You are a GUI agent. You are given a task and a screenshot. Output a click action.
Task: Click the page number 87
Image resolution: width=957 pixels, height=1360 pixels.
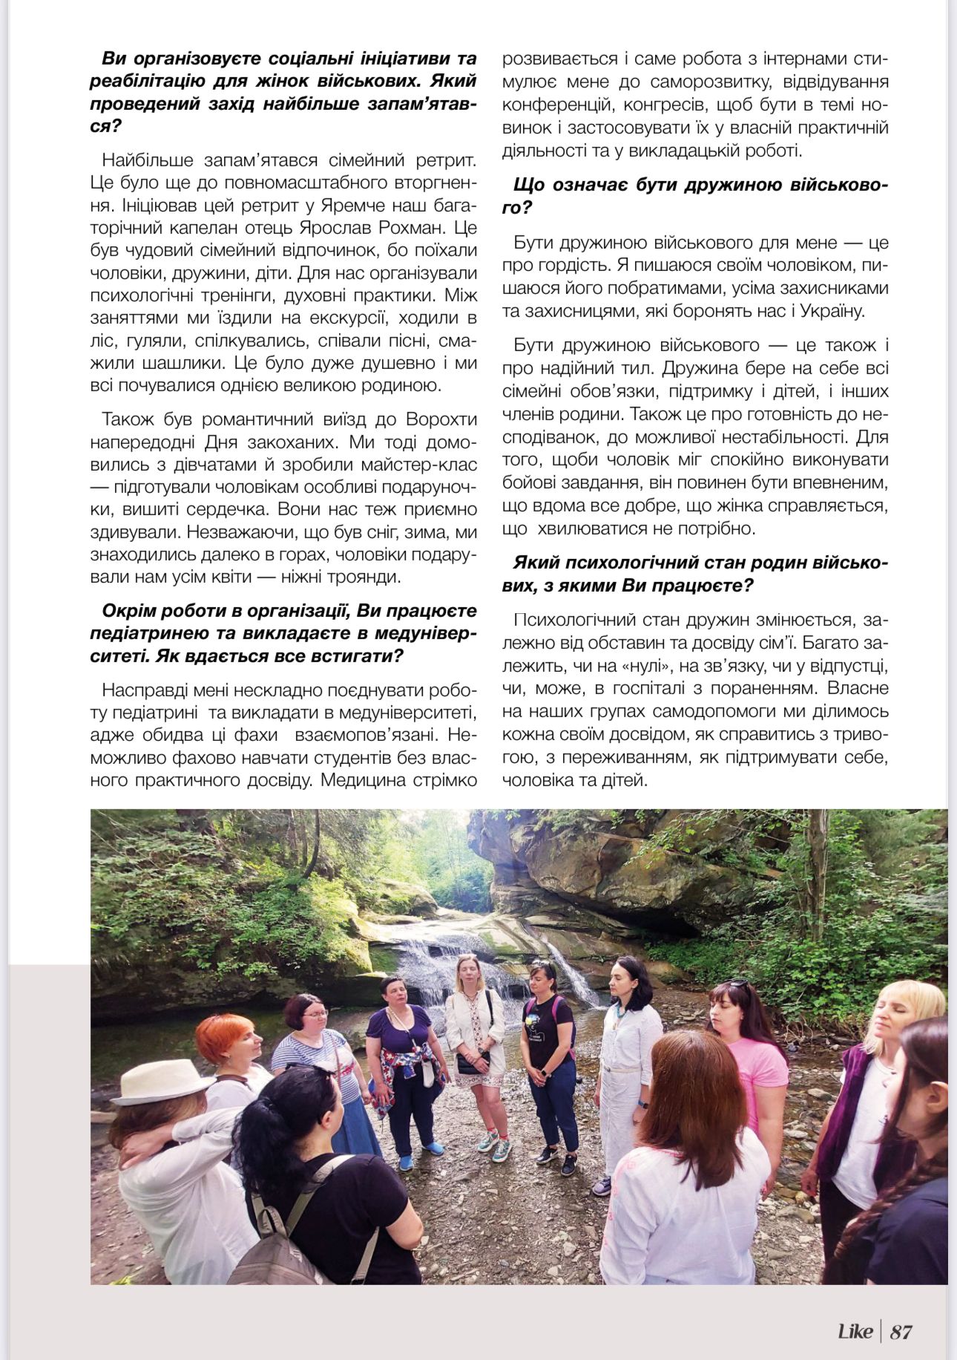(x=901, y=1331)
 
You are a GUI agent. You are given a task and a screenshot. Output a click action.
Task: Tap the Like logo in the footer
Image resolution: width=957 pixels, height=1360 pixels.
(x=855, y=1331)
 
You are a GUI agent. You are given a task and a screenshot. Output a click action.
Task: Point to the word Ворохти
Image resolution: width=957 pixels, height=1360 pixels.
(x=441, y=419)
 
